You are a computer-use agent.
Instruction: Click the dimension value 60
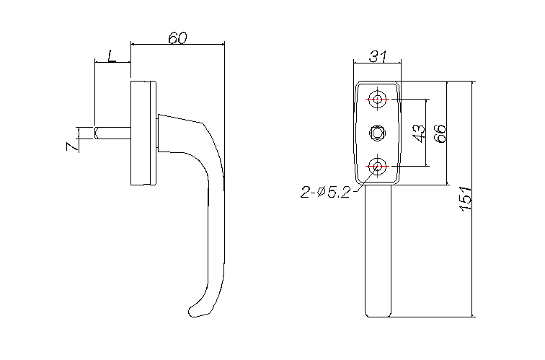pos(177,38)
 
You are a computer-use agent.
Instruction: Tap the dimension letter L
pos(111,56)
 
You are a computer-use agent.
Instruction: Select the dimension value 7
pos(72,146)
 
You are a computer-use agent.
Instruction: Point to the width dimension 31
pos(378,56)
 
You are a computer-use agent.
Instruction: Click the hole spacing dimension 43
pos(419,133)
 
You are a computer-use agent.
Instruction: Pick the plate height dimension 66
pos(440,133)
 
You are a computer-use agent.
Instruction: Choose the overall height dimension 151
pos(466,198)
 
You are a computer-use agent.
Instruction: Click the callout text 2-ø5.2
pos(325,192)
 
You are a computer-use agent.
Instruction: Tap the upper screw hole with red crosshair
pos(378,99)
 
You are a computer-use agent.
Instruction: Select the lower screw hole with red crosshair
pos(378,166)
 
